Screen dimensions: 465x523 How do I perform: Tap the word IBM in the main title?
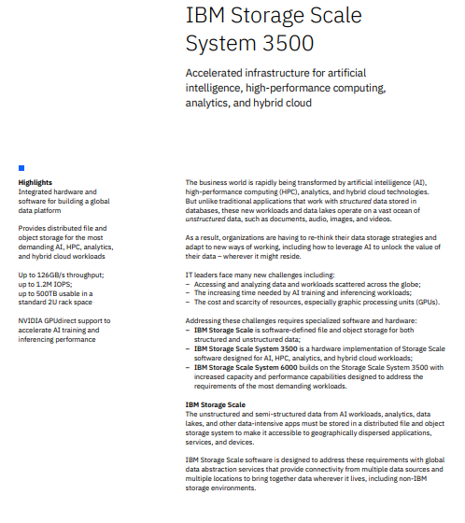pyautogui.click(x=207, y=16)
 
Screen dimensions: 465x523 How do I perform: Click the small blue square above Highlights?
pyautogui.click(x=21, y=168)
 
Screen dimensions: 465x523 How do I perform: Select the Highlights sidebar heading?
pyautogui.click(x=35, y=182)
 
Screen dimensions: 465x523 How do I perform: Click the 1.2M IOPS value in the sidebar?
pyautogui.click(x=44, y=284)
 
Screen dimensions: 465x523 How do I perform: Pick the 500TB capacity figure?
pyautogui.click(x=48, y=292)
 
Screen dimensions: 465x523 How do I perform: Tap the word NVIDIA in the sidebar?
pyautogui.click(x=33, y=319)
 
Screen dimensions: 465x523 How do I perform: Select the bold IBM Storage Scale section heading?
pyautogui.click(x=216, y=403)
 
